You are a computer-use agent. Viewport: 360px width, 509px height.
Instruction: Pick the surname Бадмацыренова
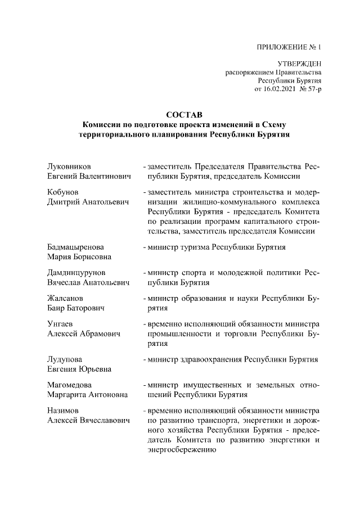[75, 247]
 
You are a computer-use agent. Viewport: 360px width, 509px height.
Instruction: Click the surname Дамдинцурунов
[76, 273]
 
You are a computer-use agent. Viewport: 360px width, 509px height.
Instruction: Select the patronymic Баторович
[88, 308]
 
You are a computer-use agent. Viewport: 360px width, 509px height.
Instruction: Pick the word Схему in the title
[276, 124]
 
